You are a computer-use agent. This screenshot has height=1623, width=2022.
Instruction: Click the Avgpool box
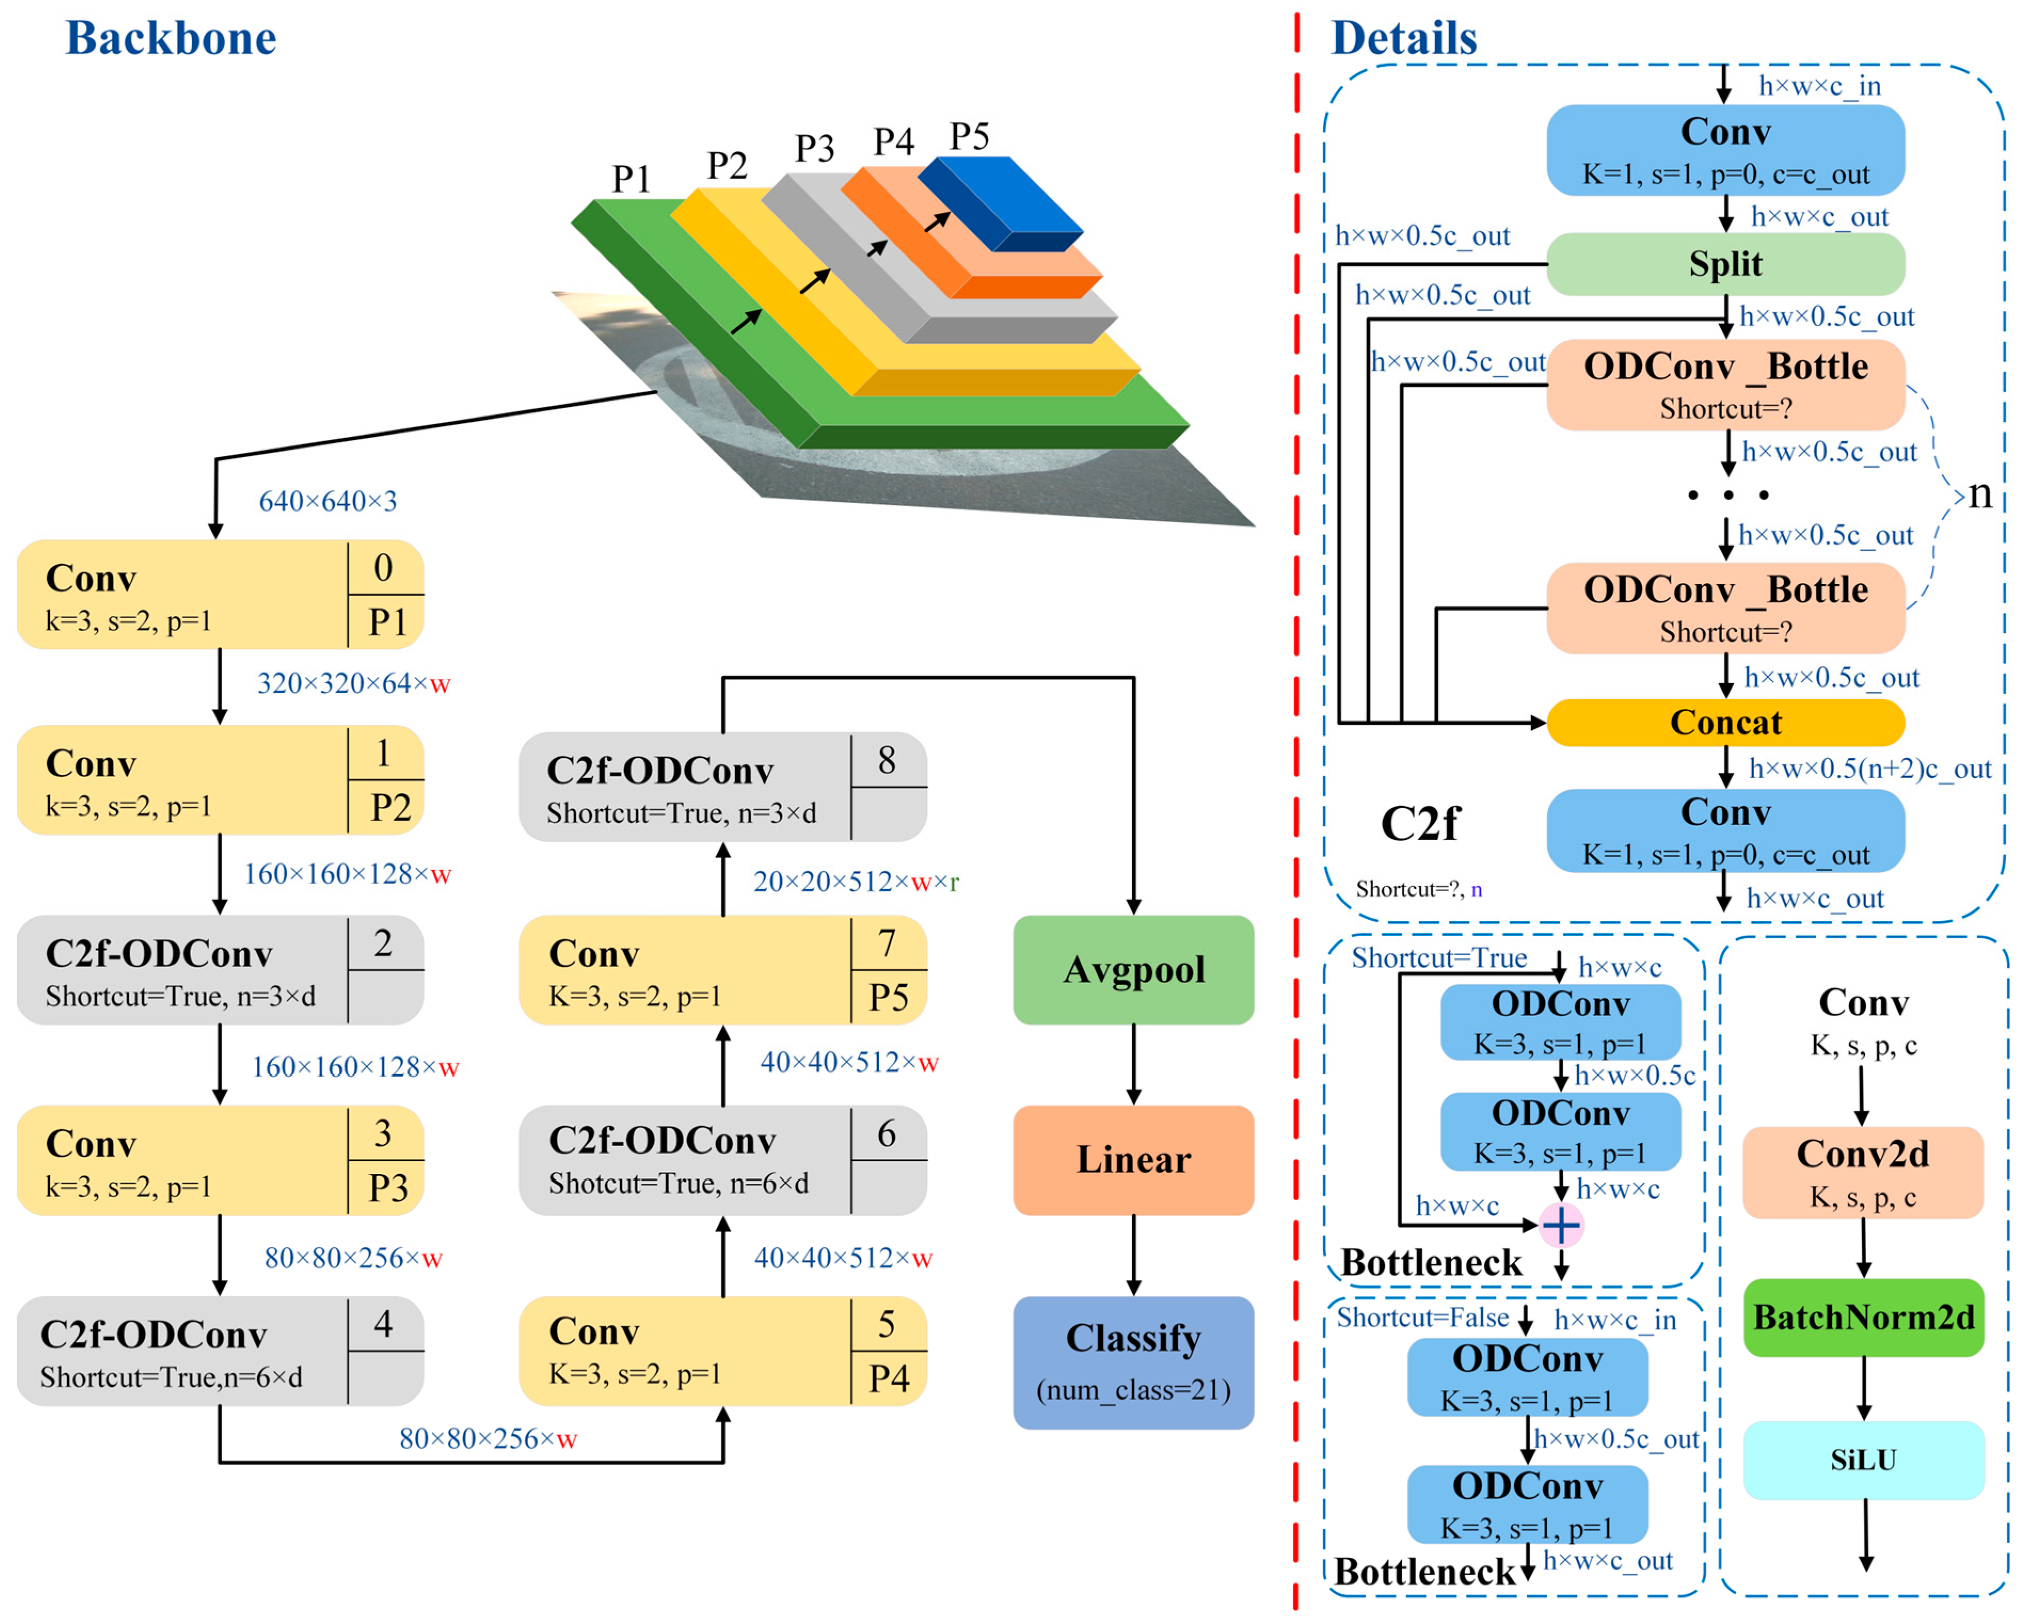click(1133, 970)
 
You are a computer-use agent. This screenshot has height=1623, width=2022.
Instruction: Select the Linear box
click(1133, 1160)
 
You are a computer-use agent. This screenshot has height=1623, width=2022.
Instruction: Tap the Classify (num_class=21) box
click(1133, 1362)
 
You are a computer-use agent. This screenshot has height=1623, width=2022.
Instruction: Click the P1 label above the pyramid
click(631, 178)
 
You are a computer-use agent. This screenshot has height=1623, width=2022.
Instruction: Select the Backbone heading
click(171, 38)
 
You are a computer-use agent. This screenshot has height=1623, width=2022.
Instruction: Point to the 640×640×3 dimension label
click(328, 501)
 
